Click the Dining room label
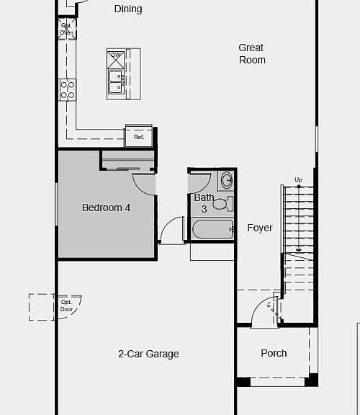click(128, 9)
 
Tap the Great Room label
click(252, 54)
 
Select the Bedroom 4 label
click(106, 207)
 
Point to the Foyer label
click(260, 228)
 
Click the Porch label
click(274, 353)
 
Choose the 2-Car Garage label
click(148, 354)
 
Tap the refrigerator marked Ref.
click(139, 137)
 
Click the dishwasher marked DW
click(116, 60)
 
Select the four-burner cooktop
click(67, 90)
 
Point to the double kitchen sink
click(116, 82)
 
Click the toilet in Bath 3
click(223, 204)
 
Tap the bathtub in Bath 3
click(212, 229)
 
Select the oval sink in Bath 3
click(226, 180)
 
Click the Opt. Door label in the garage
click(66, 305)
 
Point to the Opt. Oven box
click(67, 29)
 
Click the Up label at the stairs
click(298, 179)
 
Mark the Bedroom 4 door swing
click(144, 184)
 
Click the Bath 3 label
click(204, 203)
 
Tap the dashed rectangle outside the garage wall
click(42, 307)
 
